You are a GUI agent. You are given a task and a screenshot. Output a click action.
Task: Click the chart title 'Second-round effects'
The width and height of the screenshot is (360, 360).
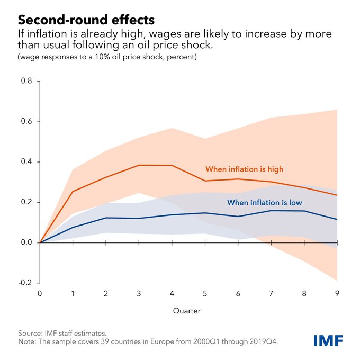click(x=86, y=20)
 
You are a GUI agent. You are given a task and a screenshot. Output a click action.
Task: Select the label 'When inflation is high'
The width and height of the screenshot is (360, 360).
click(x=244, y=169)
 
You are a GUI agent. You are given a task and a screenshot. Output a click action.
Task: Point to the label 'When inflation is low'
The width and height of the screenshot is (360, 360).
click(x=264, y=202)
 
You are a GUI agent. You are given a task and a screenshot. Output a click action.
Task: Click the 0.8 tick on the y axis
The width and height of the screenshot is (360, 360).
click(x=26, y=81)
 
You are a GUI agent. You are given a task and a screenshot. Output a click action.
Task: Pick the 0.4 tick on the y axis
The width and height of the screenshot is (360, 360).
click(x=26, y=162)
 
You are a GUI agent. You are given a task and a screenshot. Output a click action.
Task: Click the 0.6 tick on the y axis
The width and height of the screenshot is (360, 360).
click(x=26, y=122)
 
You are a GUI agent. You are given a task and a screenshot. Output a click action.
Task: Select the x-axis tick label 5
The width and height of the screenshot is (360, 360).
click(x=205, y=293)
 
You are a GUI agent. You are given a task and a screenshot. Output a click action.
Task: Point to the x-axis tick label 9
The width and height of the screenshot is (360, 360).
click(x=337, y=293)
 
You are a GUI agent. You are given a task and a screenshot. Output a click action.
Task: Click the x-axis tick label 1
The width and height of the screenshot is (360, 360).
click(x=73, y=293)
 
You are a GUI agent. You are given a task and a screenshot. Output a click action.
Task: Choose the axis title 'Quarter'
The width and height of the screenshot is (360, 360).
click(x=187, y=310)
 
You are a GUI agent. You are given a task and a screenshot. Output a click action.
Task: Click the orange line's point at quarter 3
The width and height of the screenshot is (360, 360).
click(x=139, y=165)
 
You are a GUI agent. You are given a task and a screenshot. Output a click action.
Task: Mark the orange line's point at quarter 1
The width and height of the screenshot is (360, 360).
click(x=73, y=191)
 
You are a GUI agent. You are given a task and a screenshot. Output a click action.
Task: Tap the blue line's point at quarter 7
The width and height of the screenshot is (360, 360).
click(x=271, y=210)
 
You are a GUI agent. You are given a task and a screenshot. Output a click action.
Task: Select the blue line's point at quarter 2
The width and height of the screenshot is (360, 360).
click(x=106, y=218)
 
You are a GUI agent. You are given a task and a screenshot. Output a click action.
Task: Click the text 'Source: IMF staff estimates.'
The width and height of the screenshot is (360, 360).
click(x=62, y=333)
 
